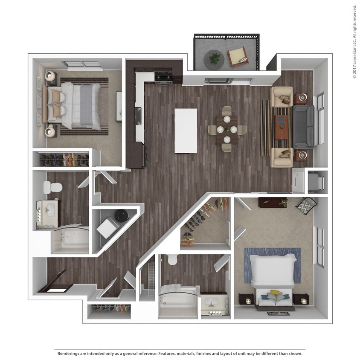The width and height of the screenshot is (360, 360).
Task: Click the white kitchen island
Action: [x=186, y=131]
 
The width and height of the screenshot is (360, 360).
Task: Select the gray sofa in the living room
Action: [x=304, y=126]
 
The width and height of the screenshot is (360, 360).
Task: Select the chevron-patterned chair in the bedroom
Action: [x=307, y=206]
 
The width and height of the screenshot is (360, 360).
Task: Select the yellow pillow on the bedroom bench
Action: [x=276, y=293]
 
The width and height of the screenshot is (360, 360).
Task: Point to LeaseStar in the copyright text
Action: [x=354, y=56]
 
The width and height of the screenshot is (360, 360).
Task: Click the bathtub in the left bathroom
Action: [x=70, y=241]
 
